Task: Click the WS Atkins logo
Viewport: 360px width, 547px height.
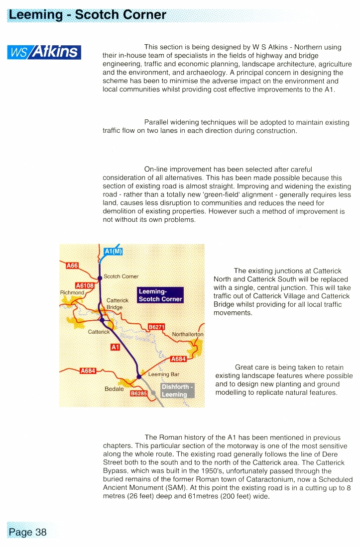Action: point(44,52)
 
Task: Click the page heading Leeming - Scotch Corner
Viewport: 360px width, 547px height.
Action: point(87,14)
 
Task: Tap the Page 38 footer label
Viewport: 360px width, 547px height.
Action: point(28,532)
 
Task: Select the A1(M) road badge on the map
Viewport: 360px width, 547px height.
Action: point(114,251)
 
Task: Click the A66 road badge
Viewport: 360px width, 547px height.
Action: point(72,266)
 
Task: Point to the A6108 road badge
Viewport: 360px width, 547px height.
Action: point(84,285)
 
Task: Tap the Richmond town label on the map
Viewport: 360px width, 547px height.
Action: point(72,292)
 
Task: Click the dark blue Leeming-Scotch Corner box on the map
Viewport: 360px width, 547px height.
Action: point(160,295)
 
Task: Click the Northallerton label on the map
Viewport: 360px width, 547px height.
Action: point(187,335)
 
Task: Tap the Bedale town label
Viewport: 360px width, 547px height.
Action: point(114,388)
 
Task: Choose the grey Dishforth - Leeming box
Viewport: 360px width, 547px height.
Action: point(178,390)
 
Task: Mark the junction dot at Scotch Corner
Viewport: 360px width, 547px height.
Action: point(100,277)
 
